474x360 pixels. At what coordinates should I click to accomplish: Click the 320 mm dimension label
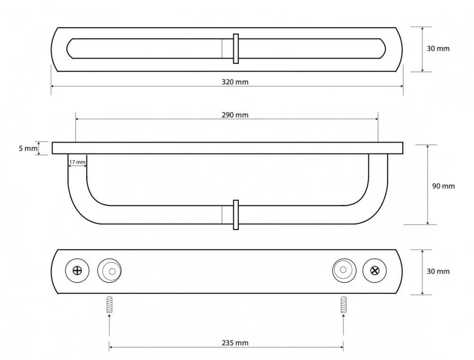(235, 82)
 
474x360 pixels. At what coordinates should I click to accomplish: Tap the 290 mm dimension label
(235, 115)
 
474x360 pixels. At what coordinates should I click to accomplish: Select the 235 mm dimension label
(235, 343)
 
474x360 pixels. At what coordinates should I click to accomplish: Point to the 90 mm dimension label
(443, 186)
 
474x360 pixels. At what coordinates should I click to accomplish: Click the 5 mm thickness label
(28, 148)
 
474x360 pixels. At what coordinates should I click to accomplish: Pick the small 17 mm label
(77, 162)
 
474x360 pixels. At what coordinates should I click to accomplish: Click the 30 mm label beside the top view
(438, 48)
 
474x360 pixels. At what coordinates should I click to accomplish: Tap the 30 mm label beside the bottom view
(438, 271)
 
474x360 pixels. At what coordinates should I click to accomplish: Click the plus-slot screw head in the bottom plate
(77, 270)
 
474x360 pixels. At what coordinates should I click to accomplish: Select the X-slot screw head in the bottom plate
(374, 270)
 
